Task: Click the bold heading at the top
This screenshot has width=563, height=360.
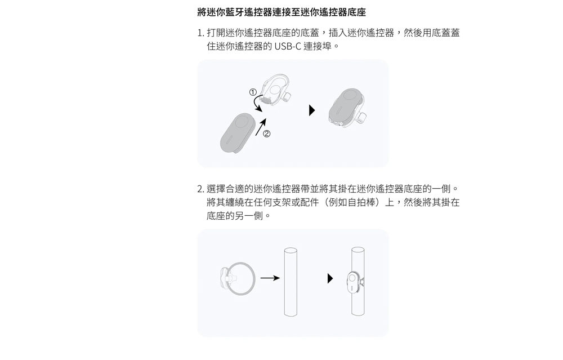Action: tap(281, 12)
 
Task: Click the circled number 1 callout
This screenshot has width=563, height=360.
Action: tap(253, 92)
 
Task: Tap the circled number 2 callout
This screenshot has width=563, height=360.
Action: tap(266, 134)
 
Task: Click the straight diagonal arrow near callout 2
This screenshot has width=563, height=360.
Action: tap(261, 127)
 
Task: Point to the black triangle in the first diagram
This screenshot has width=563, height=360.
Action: tap(312, 110)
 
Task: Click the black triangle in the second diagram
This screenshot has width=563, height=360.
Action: tap(330, 278)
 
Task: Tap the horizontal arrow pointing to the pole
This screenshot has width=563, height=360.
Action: tap(270, 278)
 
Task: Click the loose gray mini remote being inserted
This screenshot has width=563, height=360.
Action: tap(238, 133)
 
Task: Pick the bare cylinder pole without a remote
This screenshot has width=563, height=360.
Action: tap(291, 282)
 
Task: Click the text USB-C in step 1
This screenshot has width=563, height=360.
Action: tap(288, 46)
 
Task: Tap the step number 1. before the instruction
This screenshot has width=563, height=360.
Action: tap(201, 33)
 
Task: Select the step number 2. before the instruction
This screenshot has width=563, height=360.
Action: tap(201, 189)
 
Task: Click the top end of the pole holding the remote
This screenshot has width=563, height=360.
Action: tap(358, 250)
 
